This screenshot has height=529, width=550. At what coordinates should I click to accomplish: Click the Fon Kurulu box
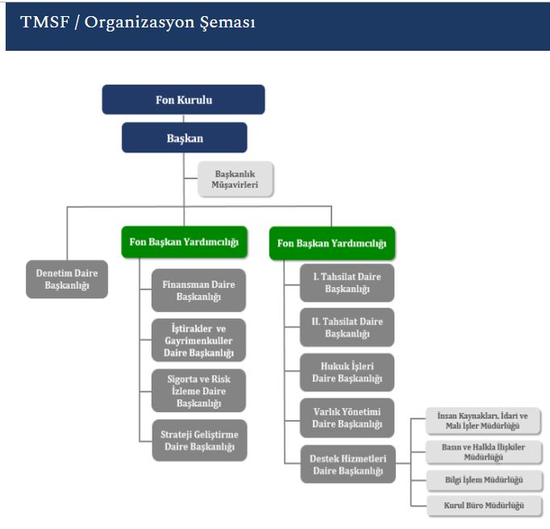tap(184, 100)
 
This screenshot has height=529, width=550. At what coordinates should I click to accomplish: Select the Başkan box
tap(184, 138)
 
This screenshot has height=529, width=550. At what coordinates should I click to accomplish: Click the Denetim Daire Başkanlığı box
tap(67, 279)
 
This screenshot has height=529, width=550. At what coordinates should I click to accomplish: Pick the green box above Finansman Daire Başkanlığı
tap(184, 242)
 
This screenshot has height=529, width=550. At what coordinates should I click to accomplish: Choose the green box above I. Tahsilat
tap(331, 243)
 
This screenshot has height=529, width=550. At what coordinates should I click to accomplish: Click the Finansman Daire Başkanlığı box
tap(199, 290)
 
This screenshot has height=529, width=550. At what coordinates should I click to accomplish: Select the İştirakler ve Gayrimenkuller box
tap(199, 340)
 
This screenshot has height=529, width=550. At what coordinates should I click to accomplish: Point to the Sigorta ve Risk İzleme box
tap(199, 390)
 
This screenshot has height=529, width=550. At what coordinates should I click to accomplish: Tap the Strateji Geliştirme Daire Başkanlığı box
tap(199, 440)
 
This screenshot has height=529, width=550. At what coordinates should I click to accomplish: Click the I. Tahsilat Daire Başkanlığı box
tap(347, 282)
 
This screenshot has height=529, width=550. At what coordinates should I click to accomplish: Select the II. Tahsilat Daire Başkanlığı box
tap(347, 327)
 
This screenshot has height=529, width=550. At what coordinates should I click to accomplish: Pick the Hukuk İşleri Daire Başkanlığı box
tap(347, 373)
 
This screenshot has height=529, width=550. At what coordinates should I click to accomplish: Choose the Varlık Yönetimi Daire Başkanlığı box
tap(347, 418)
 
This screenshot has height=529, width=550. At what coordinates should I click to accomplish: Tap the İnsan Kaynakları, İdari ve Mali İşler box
tap(482, 421)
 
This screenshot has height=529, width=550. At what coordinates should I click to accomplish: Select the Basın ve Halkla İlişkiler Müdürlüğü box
tap(482, 452)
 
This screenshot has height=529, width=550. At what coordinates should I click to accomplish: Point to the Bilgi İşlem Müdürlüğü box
tap(482, 480)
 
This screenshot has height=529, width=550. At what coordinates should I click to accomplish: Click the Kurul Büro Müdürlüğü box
tap(482, 506)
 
